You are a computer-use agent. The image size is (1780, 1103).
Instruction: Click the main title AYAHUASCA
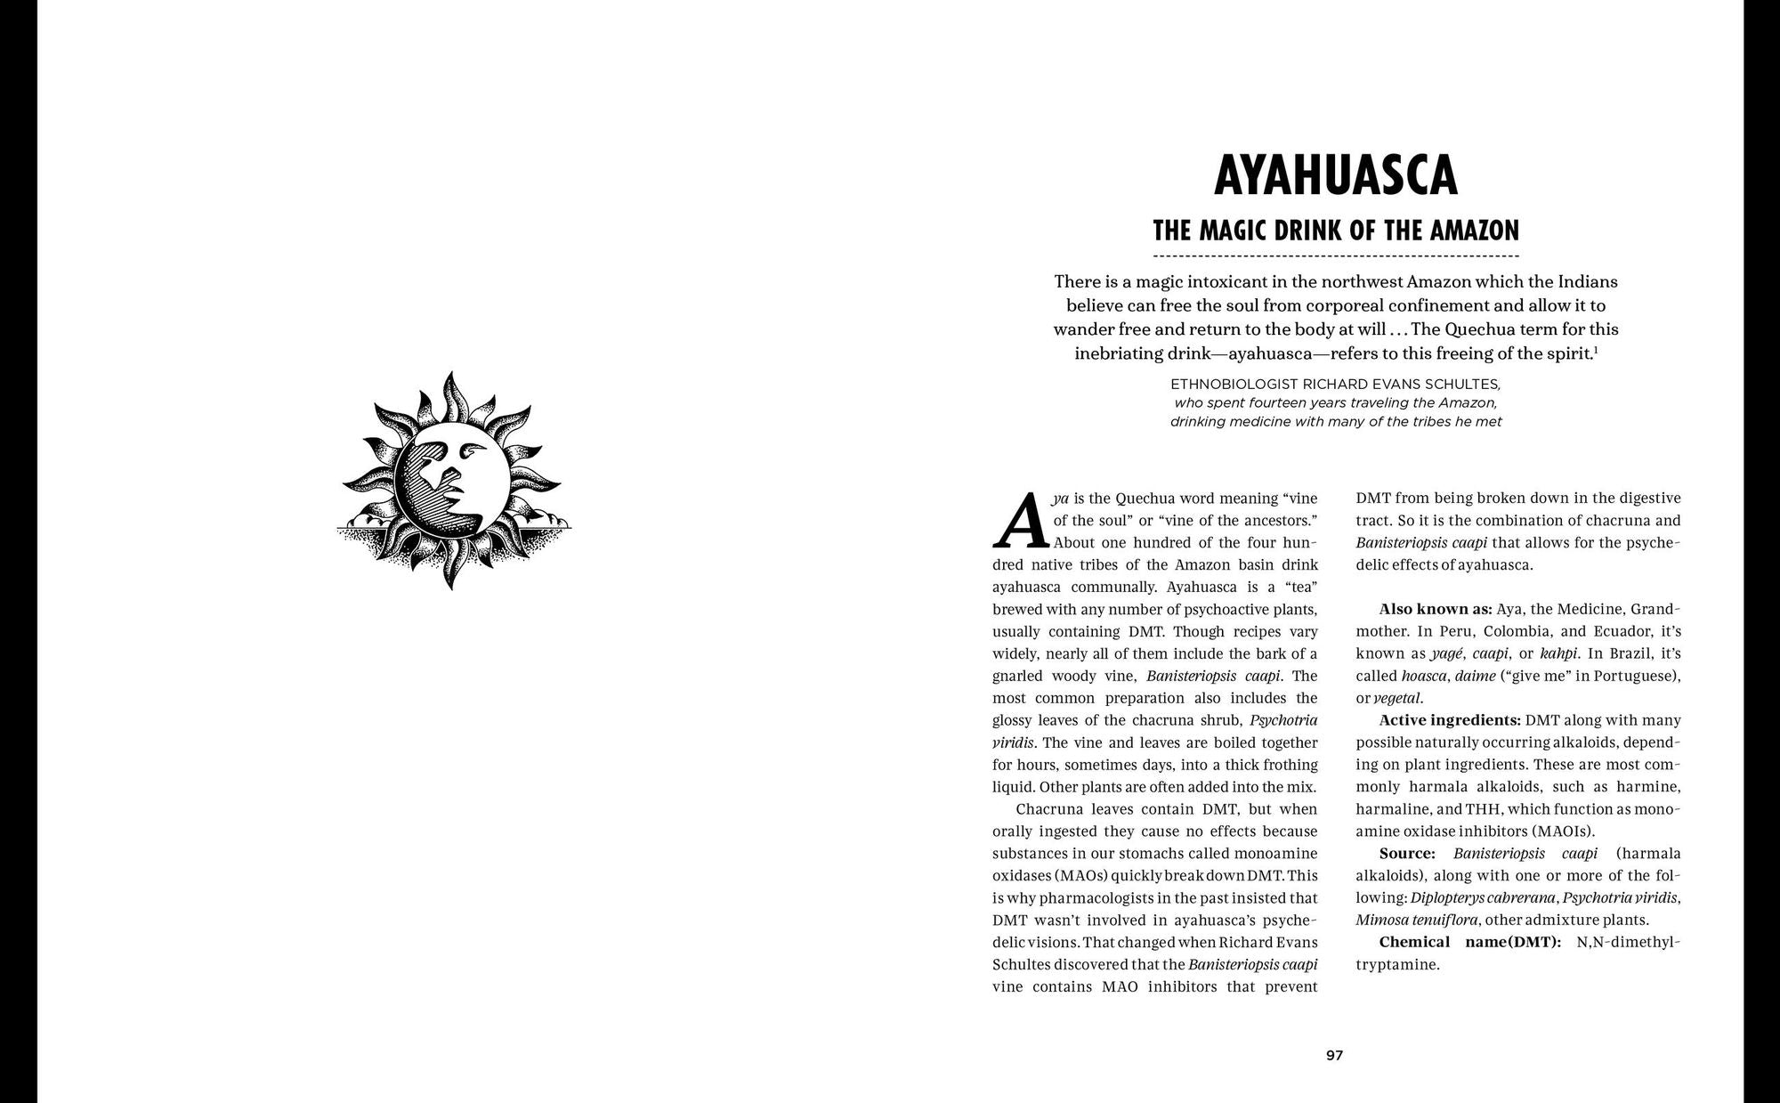[1335, 175]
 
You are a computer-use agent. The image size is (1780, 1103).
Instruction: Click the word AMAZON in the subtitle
[1475, 231]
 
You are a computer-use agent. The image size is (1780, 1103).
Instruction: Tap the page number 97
[1334, 1056]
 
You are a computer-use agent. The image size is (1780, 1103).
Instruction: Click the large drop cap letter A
[1020, 521]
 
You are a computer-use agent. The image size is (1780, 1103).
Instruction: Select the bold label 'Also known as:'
[1435, 610]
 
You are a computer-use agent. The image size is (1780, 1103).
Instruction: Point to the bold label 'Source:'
[1407, 854]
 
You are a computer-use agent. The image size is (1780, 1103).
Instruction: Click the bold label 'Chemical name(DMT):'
[1469, 942]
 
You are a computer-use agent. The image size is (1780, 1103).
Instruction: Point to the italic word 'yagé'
[1447, 653]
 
